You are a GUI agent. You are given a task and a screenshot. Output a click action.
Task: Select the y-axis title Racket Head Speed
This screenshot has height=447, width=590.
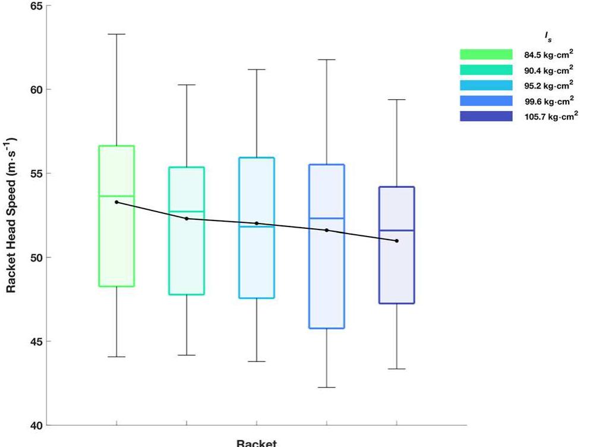click(11, 215)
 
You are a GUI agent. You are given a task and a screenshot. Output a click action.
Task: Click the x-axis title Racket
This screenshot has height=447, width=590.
click(256, 443)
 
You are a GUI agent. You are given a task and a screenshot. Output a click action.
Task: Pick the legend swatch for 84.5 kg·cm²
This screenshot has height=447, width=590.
click(485, 55)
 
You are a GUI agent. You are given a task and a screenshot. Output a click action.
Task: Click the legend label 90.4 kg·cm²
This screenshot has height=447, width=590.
click(548, 70)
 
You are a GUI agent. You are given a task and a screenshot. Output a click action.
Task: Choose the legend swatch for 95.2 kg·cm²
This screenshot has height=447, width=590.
click(485, 86)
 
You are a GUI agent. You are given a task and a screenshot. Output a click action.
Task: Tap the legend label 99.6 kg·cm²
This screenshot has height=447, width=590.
click(548, 101)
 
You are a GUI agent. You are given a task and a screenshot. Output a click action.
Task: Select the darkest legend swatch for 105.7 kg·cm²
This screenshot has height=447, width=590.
click(485, 117)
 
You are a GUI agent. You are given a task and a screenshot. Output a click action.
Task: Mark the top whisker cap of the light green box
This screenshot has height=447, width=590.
click(116, 34)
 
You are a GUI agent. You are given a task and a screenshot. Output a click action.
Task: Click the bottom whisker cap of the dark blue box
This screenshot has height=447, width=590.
click(396, 369)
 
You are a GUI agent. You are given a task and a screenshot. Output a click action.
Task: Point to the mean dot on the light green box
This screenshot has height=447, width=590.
click(116, 202)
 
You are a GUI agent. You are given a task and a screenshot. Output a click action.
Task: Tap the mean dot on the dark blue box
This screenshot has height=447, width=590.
click(396, 241)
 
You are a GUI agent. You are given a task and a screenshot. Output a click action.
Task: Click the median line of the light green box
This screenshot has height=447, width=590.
click(116, 196)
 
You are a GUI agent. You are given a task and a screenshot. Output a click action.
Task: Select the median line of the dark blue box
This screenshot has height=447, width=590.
click(396, 231)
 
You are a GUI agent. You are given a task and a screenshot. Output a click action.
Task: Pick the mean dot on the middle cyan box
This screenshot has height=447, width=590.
click(257, 223)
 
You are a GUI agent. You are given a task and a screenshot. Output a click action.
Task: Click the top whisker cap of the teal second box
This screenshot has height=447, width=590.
click(187, 85)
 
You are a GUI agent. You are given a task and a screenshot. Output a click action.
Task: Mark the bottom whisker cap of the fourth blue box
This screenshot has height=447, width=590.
click(326, 388)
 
